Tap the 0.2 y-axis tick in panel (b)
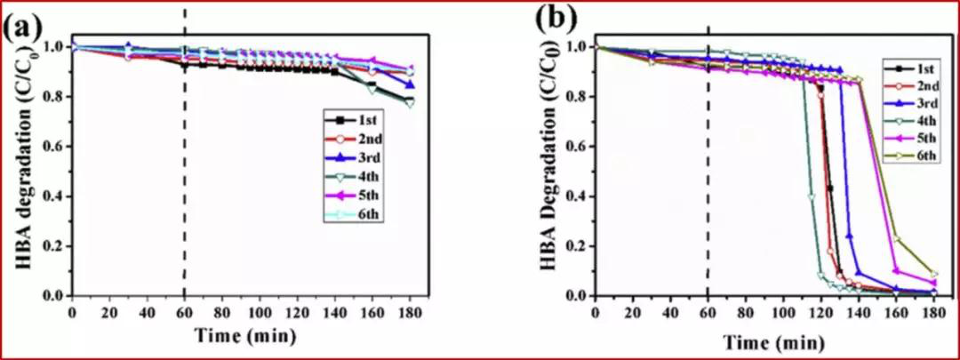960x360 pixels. [578, 246]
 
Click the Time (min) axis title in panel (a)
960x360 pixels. [240, 336]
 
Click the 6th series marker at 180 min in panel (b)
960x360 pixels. [933, 274]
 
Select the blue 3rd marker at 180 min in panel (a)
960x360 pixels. [409, 85]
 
